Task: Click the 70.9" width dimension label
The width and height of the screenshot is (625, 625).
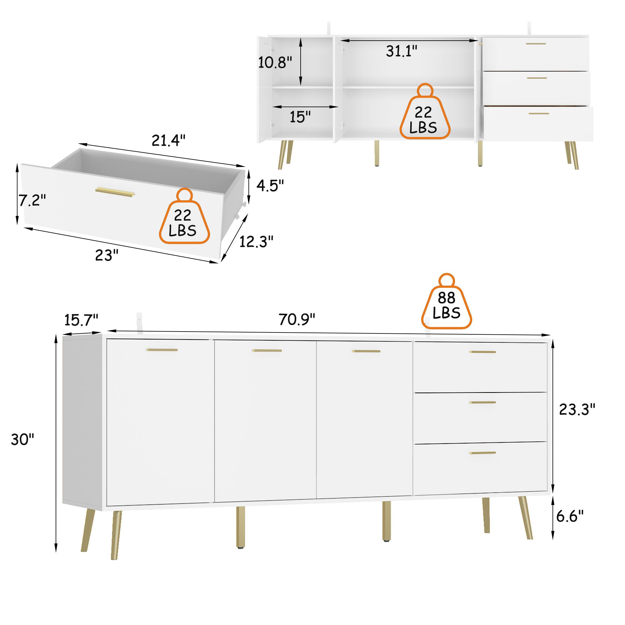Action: (x=297, y=320)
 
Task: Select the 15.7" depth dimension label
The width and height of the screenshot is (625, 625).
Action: (x=81, y=320)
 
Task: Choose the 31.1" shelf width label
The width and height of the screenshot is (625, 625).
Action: (x=402, y=51)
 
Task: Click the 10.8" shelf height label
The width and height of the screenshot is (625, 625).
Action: (x=275, y=62)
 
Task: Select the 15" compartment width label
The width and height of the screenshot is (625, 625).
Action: (x=300, y=117)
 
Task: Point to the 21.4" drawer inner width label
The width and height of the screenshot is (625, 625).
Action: (x=168, y=140)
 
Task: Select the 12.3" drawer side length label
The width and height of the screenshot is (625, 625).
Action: (x=257, y=241)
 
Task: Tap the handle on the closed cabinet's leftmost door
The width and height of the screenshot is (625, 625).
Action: (x=162, y=350)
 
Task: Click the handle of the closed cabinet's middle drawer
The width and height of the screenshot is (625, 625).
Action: (x=482, y=402)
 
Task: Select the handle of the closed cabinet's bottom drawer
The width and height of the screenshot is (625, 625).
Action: (x=482, y=453)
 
